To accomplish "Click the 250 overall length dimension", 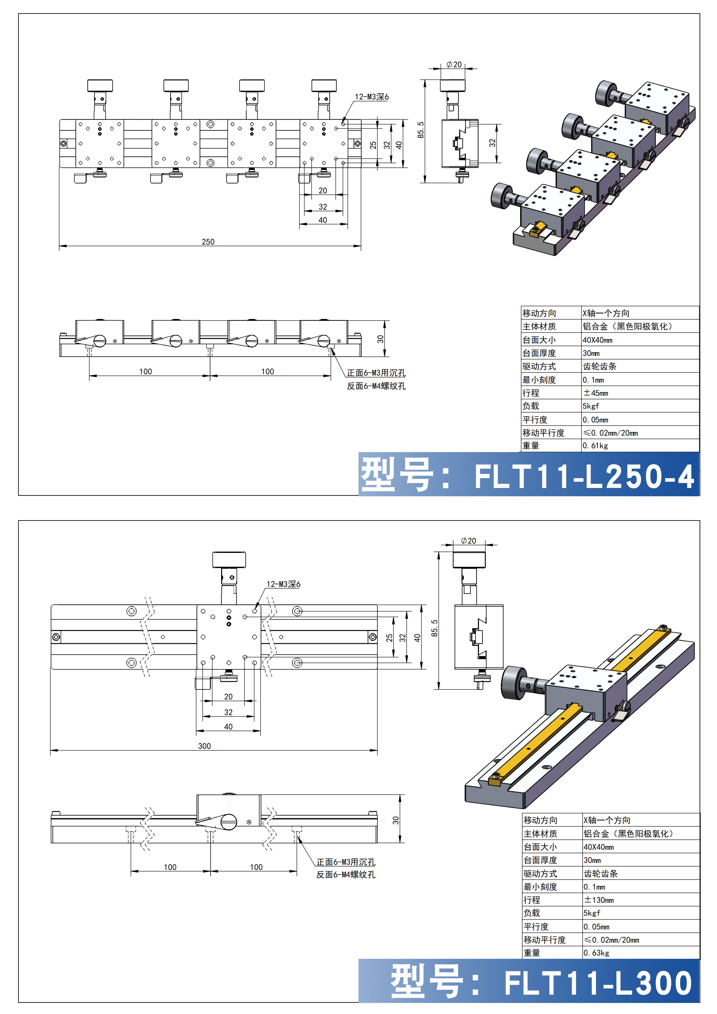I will point(208,242).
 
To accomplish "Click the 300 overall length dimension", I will point(205,746).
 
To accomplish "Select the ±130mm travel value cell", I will point(598,900).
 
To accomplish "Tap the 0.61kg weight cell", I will point(595,446).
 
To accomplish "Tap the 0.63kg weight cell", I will point(596,953).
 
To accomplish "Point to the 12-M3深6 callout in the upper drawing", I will point(372,97).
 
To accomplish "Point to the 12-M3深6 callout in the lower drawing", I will point(283,584).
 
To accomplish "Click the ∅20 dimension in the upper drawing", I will point(454,64).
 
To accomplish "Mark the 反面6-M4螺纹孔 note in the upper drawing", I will point(376,386).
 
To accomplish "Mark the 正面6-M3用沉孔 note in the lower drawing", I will point(346,862).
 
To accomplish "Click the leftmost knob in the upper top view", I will point(100,85).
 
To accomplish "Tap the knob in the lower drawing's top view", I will point(229,559).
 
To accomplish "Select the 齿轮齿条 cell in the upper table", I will point(600,367).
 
